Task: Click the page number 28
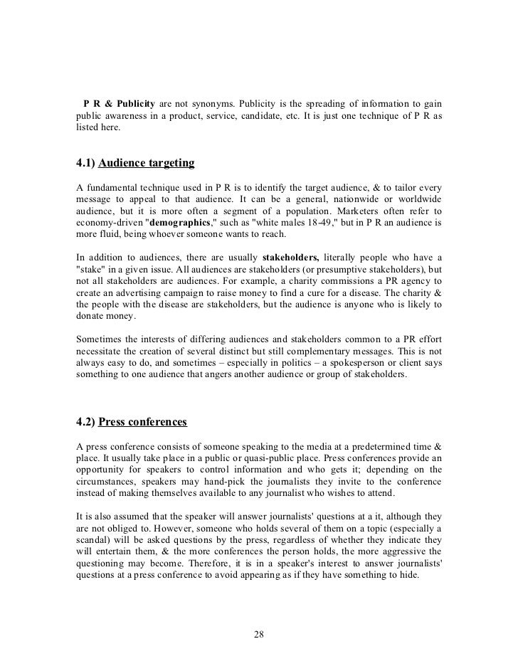(259, 635)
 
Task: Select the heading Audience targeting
(146, 163)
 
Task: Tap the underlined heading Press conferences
(142, 422)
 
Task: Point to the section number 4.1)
(85, 163)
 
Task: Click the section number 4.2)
(85, 422)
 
